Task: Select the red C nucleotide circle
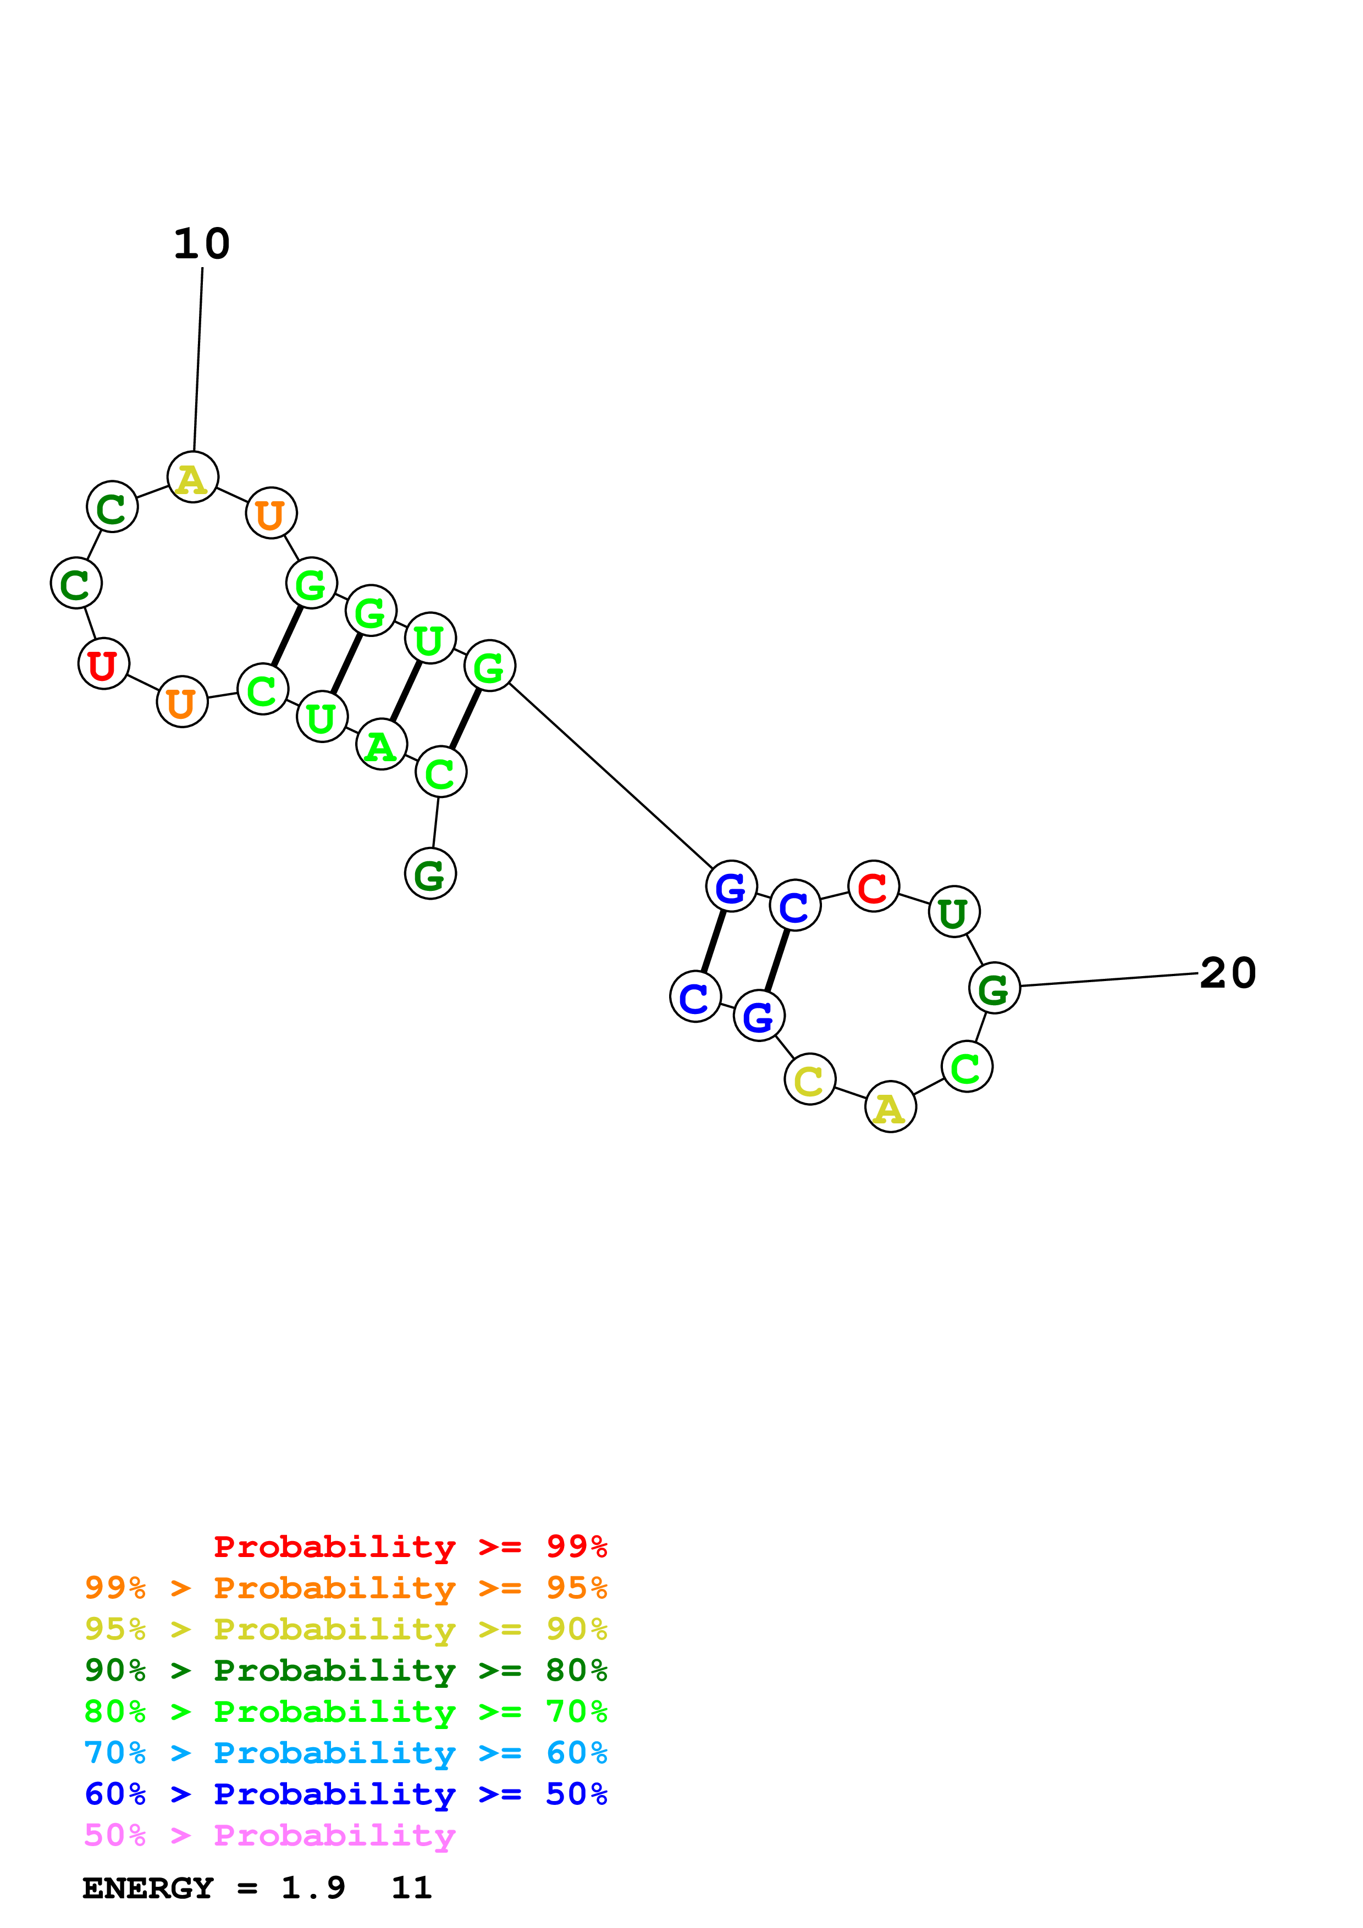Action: point(874,886)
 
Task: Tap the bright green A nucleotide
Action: point(381,744)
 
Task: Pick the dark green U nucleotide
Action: point(953,911)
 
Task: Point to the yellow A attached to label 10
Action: point(192,477)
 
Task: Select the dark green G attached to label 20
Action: point(994,988)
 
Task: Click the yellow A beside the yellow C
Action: point(890,1107)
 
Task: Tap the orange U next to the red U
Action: point(181,701)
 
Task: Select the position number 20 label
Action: point(1228,973)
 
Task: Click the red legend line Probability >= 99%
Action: point(410,1547)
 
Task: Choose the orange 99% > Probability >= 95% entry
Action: point(346,1588)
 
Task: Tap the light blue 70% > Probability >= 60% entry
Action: point(346,1753)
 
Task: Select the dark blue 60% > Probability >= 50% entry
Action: point(346,1794)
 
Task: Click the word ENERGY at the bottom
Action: point(148,1888)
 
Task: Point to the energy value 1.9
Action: point(312,1888)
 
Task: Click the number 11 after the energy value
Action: point(411,1888)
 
